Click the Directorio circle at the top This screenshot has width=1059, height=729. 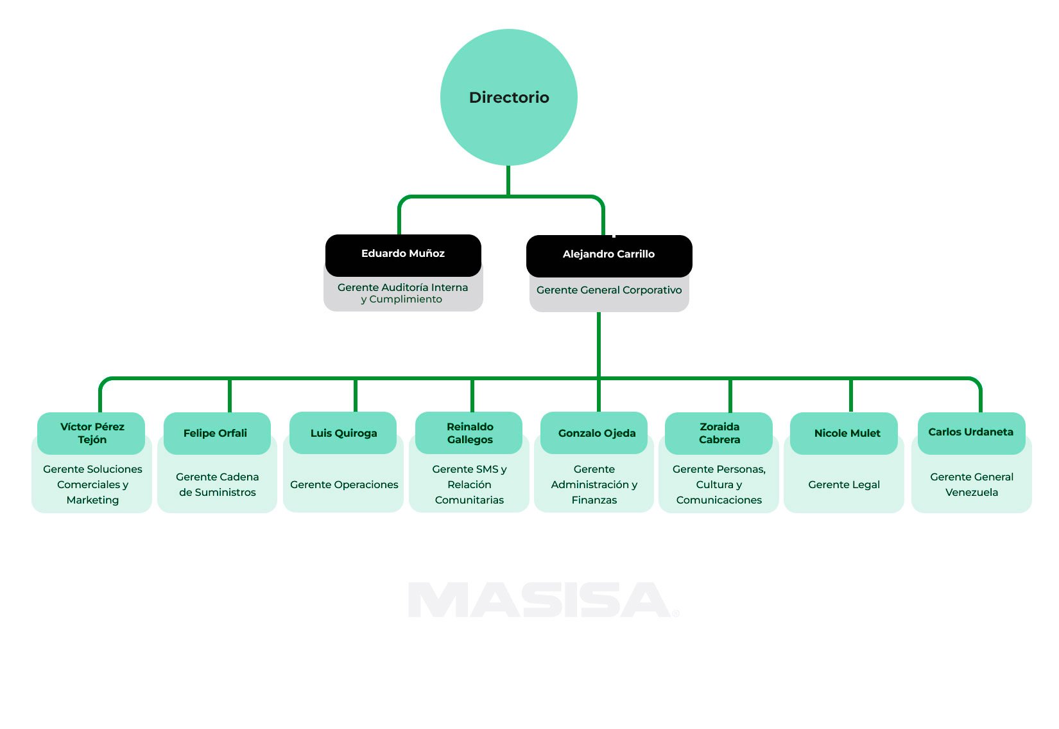pos(508,97)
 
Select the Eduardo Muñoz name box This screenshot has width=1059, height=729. pos(403,254)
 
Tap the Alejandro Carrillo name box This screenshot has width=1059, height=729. pos(608,255)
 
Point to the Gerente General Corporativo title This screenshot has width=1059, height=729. pos(609,290)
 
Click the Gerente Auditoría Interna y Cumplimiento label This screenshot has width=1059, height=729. pos(402,294)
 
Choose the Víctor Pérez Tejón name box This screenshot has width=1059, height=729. pos(92,434)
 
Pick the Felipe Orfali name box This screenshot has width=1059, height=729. pos(216,434)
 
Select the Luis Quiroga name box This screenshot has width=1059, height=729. pos(343,434)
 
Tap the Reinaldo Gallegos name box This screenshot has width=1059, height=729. pos(469,434)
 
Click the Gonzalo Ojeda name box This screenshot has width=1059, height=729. pos(596,434)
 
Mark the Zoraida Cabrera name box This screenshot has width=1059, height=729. pos(719,434)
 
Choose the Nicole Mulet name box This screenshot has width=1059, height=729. pos(846,434)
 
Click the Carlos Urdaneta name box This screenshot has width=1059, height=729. pos(970,433)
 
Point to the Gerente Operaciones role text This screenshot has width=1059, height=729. pos(344,485)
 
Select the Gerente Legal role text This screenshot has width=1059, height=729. pos(843,485)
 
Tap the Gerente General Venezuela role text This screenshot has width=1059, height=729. pos(971,485)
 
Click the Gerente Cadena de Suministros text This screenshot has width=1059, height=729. pos(217,485)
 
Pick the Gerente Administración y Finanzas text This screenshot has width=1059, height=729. pos(594,485)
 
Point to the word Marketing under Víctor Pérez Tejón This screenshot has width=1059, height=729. pos(92,500)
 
